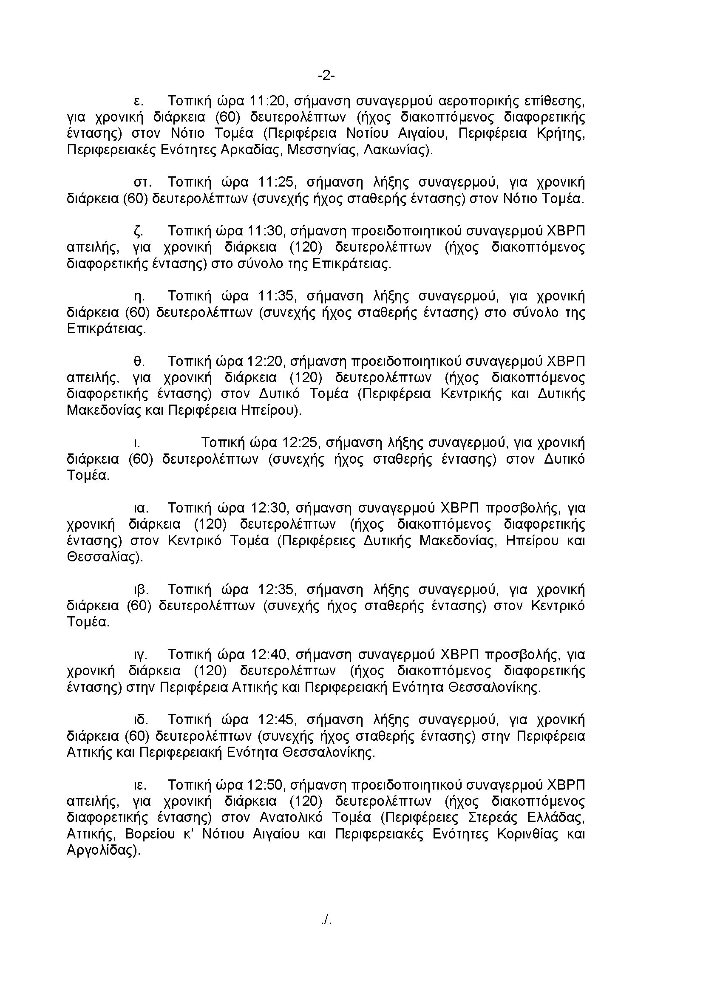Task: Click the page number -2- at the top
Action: click(x=326, y=76)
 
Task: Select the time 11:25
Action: click(x=277, y=182)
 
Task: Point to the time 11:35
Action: click(x=277, y=296)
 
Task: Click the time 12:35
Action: click(x=277, y=589)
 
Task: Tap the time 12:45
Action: click(x=277, y=719)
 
